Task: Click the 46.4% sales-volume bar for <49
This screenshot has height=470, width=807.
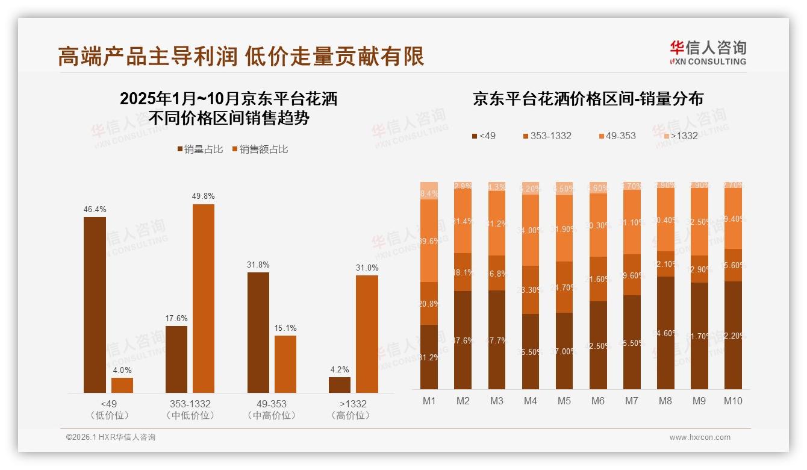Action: [95, 305]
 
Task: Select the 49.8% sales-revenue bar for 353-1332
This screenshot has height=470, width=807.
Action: [204, 298]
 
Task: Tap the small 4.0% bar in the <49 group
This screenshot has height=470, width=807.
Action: [122, 385]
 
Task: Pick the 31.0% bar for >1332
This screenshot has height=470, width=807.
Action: [367, 334]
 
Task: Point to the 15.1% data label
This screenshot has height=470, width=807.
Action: [285, 328]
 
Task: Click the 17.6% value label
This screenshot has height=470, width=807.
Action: [176, 319]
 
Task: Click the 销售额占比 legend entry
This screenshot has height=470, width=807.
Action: [260, 149]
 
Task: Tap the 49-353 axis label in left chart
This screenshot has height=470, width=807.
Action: [272, 404]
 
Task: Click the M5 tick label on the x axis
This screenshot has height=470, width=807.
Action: [564, 401]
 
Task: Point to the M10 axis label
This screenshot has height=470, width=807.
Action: [732, 401]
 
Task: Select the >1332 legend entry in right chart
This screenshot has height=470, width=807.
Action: [679, 136]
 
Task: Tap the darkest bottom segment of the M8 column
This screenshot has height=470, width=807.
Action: [665, 333]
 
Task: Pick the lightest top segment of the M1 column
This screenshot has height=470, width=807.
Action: [429, 190]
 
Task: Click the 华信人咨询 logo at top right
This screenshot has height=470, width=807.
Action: [708, 52]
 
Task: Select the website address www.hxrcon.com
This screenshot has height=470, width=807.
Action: [699, 437]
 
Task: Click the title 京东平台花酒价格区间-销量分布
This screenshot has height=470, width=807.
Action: [588, 99]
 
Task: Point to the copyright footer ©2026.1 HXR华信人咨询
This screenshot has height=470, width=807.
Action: [110, 437]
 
